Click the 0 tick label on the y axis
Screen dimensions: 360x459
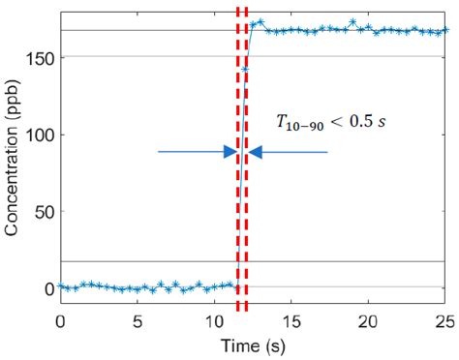pos(48,288)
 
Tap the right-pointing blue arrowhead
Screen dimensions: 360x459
pos(230,152)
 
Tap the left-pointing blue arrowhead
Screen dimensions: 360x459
pos(255,152)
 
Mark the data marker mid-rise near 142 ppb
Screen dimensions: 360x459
pos(245,70)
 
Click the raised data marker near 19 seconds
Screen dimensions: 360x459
pos(353,22)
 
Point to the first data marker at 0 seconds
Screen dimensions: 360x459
pos(61,286)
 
